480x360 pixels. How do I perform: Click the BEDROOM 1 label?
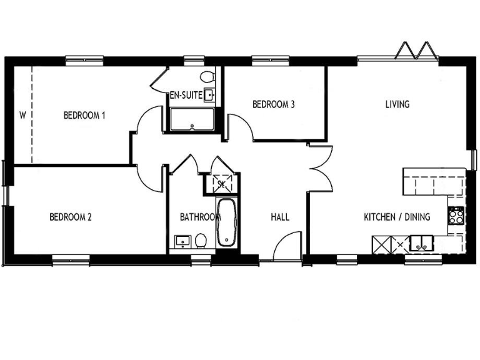tap(84, 116)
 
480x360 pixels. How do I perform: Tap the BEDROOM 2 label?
tap(71, 217)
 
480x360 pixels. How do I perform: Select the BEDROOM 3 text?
tap(273, 104)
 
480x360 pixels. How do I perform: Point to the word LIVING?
tap(397, 104)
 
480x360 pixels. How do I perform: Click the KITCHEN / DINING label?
tap(397, 217)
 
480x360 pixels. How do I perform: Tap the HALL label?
tap(279, 217)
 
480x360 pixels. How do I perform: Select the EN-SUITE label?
tap(185, 96)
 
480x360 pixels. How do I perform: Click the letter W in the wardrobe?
tap(22, 115)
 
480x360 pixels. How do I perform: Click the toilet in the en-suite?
tap(207, 77)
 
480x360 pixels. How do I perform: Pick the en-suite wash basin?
tap(210, 95)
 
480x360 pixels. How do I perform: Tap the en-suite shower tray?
tap(191, 120)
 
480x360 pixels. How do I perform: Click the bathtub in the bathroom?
tap(226, 222)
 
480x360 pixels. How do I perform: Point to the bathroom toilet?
tap(200, 241)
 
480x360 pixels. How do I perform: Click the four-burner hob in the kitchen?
tap(456, 216)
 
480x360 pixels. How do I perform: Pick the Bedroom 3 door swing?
tap(241, 128)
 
